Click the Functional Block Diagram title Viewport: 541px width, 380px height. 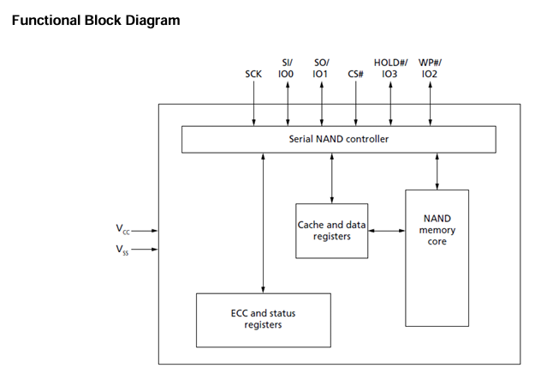96,20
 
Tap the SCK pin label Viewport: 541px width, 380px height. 254,74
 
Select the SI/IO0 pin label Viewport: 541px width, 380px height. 288,68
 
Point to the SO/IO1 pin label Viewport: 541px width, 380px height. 321,68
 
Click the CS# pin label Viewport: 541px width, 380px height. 356,74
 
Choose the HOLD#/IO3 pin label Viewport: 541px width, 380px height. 391,68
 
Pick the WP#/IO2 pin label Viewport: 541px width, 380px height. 430,68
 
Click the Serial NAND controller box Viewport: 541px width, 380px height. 339,138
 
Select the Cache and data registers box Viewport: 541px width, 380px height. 332,230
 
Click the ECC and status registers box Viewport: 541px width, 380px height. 263,320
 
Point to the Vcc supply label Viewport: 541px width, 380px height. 123,230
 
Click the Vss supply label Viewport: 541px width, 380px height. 123,250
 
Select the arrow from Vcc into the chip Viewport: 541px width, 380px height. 146,230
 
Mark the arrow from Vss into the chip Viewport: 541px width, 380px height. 146,250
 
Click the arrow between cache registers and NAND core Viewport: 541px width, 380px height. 386,230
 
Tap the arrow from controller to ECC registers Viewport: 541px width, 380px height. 264,222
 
